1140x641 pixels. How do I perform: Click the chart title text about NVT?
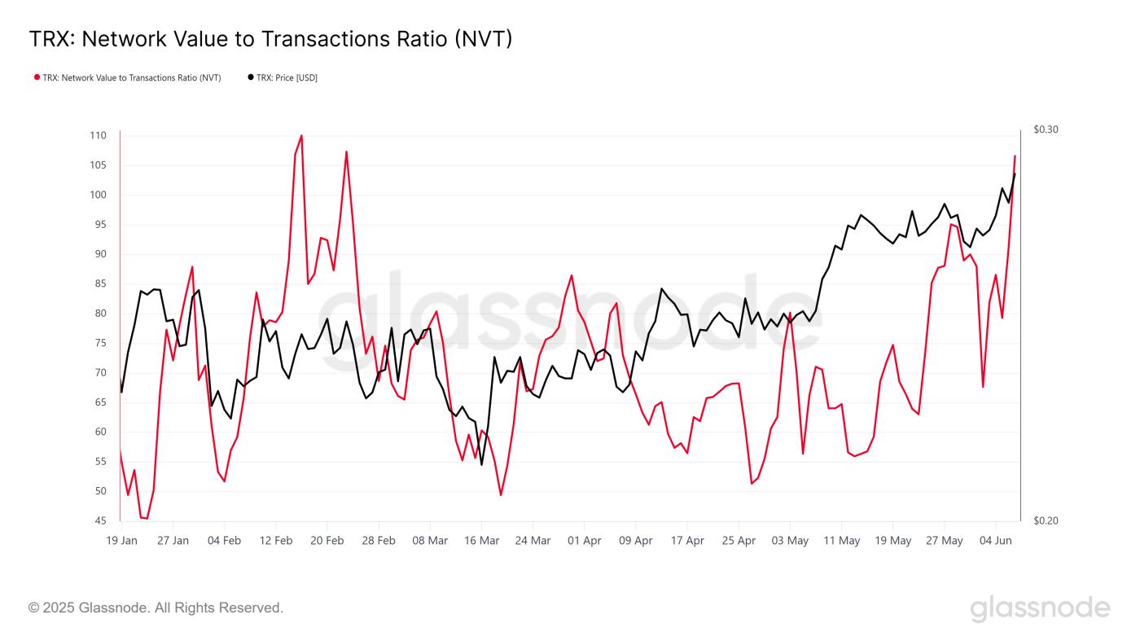coord(270,39)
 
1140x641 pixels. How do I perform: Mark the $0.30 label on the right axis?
coord(1046,130)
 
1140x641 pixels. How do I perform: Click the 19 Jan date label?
coord(121,541)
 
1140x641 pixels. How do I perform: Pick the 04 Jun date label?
coord(995,541)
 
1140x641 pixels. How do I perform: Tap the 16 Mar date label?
coord(481,541)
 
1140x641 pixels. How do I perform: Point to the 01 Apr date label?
coord(584,541)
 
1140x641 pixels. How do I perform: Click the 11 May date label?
coord(841,541)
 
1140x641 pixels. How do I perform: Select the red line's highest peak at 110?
coord(301,136)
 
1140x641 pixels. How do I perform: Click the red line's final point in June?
coord(1015,156)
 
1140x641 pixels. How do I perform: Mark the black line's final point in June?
coord(1015,173)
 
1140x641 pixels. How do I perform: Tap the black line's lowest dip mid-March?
coord(481,464)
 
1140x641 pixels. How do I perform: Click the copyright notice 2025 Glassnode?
coord(156,608)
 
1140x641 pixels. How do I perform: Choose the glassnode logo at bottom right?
coord(1040,608)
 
